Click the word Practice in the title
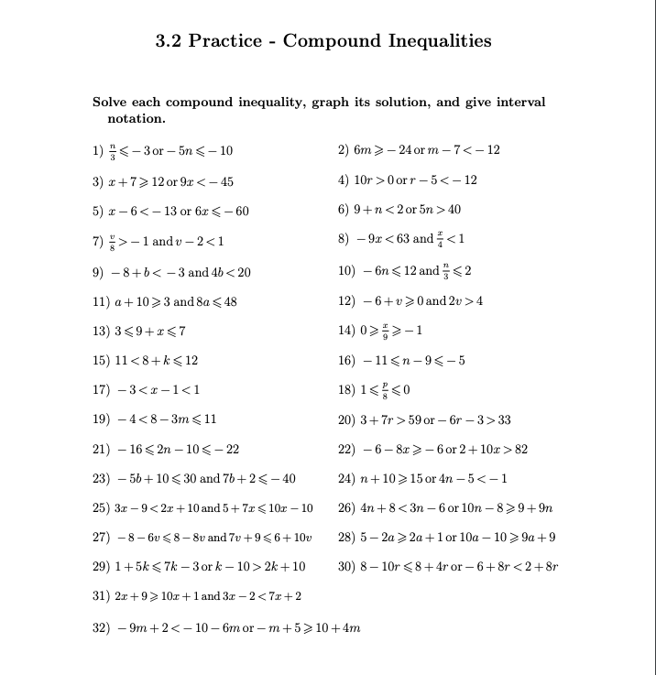coord(232,41)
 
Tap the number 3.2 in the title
coord(170,41)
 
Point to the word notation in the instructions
coord(137,119)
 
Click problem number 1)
coord(99,150)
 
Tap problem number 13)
coord(102,331)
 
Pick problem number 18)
coord(347,390)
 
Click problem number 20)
coord(347,420)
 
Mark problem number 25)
coord(102,508)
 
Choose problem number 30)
coord(347,567)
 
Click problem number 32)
coord(102,627)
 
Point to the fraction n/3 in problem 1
coord(114,150)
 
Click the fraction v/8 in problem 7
coord(114,240)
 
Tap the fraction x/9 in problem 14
coord(387,331)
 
